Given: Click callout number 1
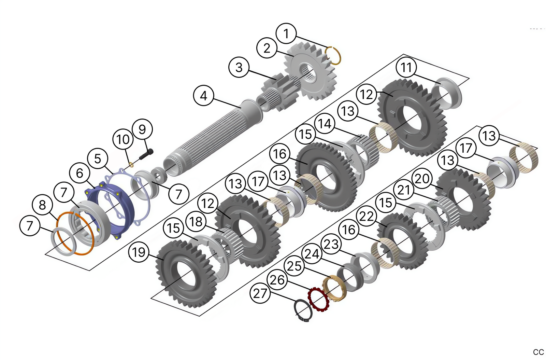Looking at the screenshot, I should [x=286, y=33].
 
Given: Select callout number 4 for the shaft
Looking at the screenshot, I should [x=204, y=96].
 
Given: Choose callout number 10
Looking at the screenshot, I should [x=123, y=139].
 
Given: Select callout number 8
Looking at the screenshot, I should [x=42, y=205].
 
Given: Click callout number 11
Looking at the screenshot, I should [x=406, y=67].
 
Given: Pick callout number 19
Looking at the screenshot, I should [x=139, y=252].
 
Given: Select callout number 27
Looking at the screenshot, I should [x=260, y=293].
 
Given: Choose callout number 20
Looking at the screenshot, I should [x=422, y=178].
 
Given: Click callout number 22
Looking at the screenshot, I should [x=367, y=216].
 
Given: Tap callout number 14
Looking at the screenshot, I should [x=325, y=124].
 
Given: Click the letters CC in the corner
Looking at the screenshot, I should [x=538, y=352].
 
